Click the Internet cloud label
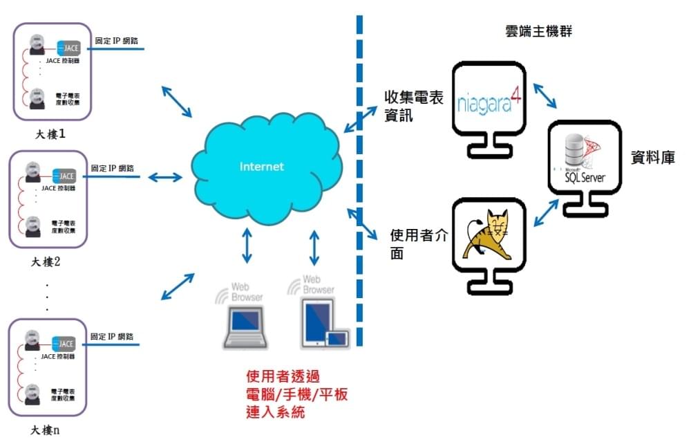[261, 167]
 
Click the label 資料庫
[652, 158]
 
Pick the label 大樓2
[47, 262]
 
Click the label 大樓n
[46, 430]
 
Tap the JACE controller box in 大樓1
[68, 48]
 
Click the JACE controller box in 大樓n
[64, 344]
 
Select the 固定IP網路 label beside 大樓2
[112, 168]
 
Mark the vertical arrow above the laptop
[247, 247]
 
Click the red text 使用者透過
[283, 377]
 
